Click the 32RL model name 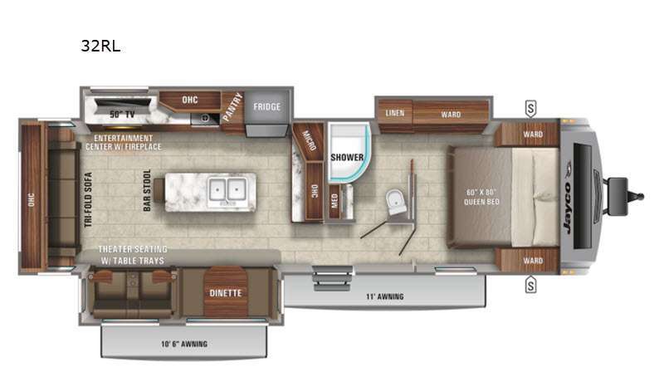pyautogui.click(x=100, y=46)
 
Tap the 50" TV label pyautogui.click(x=122, y=115)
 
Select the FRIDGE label pyautogui.click(x=266, y=107)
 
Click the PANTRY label pyautogui.click(x=232, y=107)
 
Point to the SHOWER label pyautogui.click(x=347, y=157)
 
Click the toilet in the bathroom pyautogui.click(x=396, y=202)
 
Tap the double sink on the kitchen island pyautogui.click(x=227, y=189)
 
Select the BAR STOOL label pyautogui.click(x=147, y=190)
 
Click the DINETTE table pyautogui.click(x=226, y=292)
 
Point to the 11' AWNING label pyautogui.click(x=384, y=296)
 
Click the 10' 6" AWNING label pyautogui.click(x=184, y=344)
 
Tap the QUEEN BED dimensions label pyautogui.click(x=481, y=197)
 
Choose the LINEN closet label pyautogui.click(x=395, y=113)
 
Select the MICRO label pyautogui.click(x=309, y=140)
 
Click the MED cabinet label pyautogui.click(x=334, y=200)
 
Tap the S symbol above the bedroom pyautogui.click(x=530, y=108)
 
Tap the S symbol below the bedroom pyautogui.click(x=530, y=285)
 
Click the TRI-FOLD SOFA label pyautogui.click(x=88, y=199)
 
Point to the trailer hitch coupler pyautogui.click(x=639, y=196)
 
